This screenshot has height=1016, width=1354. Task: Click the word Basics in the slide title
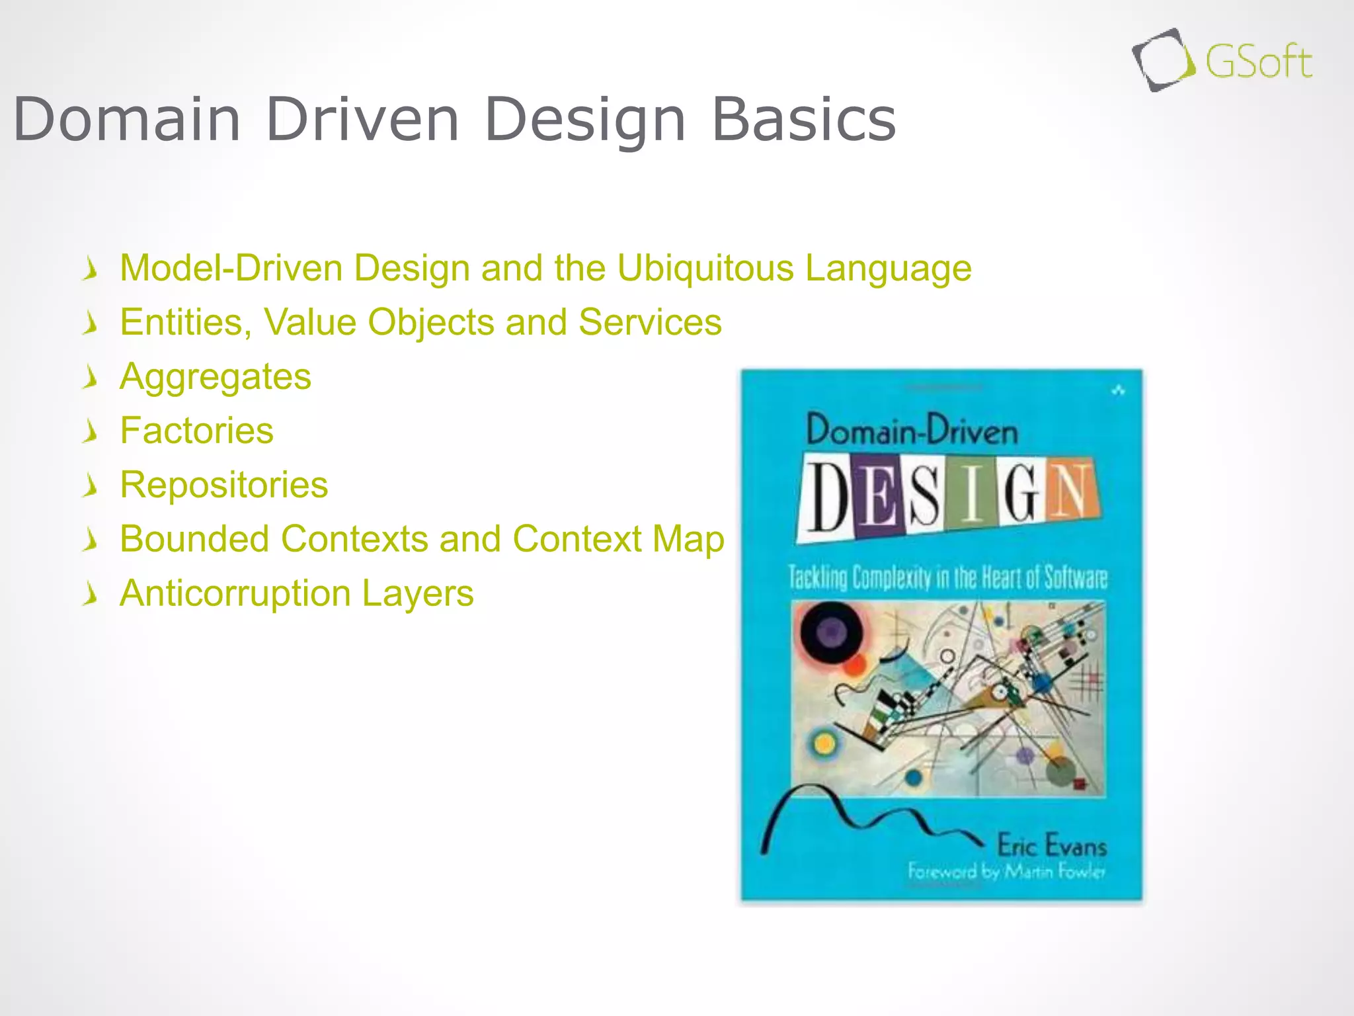[x=803, y=120]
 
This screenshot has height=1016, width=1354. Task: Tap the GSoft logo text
[x=1258, y=62]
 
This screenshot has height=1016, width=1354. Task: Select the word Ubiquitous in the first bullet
[x=705, y=269]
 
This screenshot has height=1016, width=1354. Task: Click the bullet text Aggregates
[x=216, y=377]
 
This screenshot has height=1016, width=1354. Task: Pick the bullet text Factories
[x=196, y=431]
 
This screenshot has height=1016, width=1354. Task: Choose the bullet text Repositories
[x=223, y=485]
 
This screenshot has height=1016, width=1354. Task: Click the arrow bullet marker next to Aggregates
[x=91, y=378]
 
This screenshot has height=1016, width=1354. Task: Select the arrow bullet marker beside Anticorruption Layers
[x=91, y=594]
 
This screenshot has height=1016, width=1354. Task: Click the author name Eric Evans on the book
[x=1052, y=846]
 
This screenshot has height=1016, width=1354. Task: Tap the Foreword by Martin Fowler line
[x=1006, y=872]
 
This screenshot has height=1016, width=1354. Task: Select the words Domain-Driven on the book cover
[x=912, y=431]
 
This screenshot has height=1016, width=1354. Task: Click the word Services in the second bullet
[x=650, y=323]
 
